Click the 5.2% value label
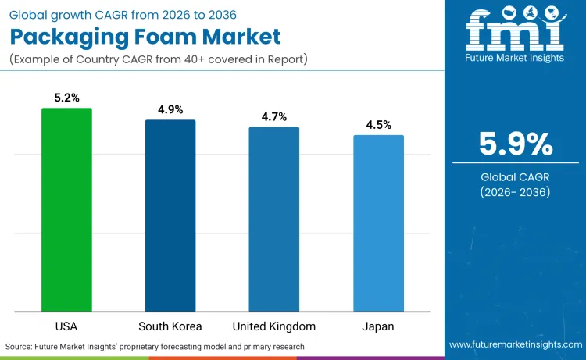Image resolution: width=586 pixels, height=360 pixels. click(66, 99)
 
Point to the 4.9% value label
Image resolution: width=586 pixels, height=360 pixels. click(170, 110)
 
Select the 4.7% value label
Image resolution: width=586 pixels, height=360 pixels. click(274, 117)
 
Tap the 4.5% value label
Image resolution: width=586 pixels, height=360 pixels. click(378, 125)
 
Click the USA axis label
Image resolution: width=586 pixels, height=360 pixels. click(66, 326)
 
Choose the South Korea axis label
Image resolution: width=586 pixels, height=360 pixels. click(170, 326)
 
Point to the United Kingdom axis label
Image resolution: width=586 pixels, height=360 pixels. click(274, 326)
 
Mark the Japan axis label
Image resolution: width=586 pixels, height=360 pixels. click(378, 326)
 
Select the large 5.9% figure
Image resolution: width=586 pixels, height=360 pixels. click(515, 144)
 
